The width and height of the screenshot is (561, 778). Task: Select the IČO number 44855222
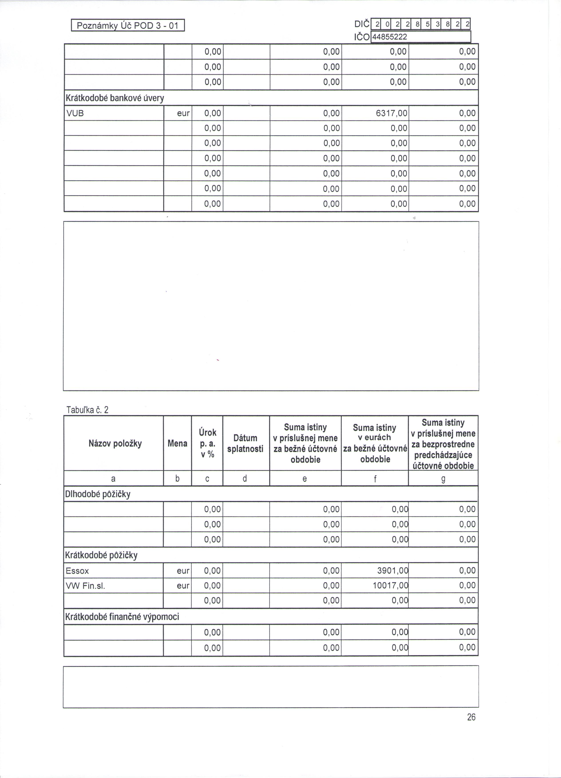coord(389,37)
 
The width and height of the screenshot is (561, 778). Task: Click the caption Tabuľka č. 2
coord(87,410)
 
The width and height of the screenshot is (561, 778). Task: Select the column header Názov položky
coord(115,443)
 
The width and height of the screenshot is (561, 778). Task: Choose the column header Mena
coord(177,443)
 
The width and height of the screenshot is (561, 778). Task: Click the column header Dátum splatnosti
coord(245,443)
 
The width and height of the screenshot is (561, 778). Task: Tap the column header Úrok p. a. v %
coord(207,443)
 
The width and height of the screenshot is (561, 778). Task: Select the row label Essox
coord(77,571)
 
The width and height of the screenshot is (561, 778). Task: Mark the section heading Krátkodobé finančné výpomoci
coord(122,617)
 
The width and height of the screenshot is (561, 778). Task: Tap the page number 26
coord(471,717)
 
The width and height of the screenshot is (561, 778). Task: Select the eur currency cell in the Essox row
coord(183,571)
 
